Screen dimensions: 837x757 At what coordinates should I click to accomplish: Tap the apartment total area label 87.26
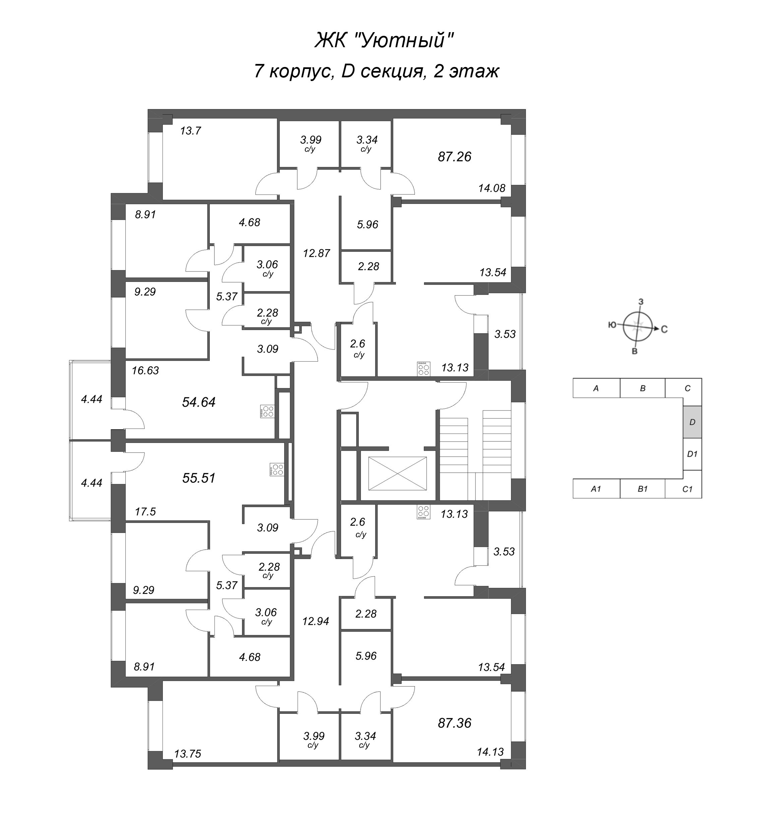pyautogui.click(x=454, y=157)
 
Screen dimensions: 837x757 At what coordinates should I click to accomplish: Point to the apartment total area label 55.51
pyautogui.click(x=199, y=478)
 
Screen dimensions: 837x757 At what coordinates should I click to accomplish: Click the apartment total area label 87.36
pyautogui.click(x=454, y=723)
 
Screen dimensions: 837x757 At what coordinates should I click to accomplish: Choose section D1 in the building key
pyautogui.click(x=692, y=454)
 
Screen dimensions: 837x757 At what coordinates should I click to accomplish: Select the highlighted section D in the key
pyautogui.click(x=692, y=422)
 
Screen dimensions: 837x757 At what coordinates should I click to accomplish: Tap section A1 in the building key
pyautogui.click(x=596, y=489)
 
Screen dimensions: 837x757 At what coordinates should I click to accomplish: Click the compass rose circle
pyautogui.click(x=638, y=326)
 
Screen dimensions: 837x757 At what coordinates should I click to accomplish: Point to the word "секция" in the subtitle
pyautogui.click(x=391, y=71)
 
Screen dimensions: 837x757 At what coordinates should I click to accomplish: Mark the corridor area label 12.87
pyautogui.click(x=316, y=253)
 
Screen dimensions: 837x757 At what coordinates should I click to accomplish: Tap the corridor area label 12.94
pyautogui.click(x=315, y=621)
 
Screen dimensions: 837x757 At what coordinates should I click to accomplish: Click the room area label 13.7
pyautogui.click(x=190, y=131)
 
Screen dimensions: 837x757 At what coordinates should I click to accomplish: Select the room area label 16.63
pyautogui.click(x=145, y=370)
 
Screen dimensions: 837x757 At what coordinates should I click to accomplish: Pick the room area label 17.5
pyautogui.click(x=145, y=512)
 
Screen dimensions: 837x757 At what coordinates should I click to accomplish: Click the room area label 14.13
pyautogui.click(x=490, y=752)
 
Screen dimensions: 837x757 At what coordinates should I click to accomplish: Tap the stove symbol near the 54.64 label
pyautogui.click(x=267, y=411)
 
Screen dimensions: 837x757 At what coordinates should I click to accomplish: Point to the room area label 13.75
pyautogui.click(x=187, y=754)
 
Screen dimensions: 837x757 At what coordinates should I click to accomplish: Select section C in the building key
pyautogui.click(x=687, y=388)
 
